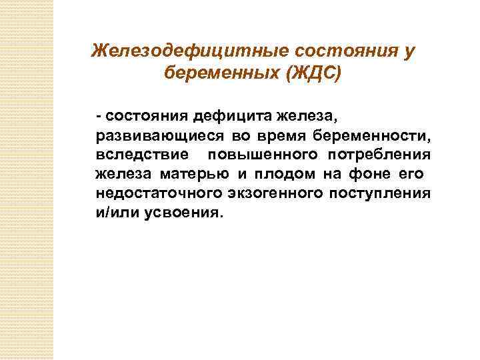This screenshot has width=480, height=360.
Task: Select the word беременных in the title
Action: tap(221, 73)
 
